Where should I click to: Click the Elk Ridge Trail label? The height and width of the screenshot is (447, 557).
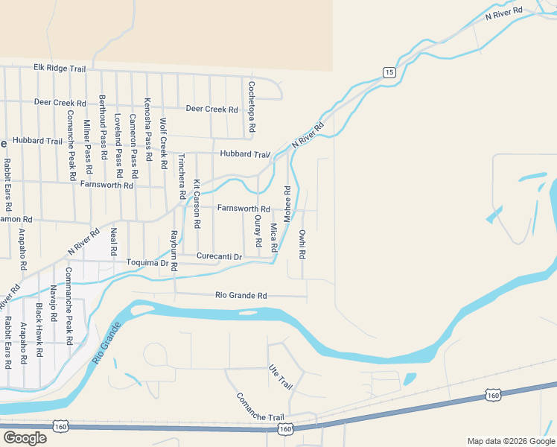(x=60, y=68)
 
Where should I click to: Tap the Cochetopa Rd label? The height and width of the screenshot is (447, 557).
(x=252, y=107)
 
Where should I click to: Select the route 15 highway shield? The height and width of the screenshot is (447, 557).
(x=389, y=72)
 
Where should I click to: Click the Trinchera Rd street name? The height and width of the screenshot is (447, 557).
(x=181, y=176)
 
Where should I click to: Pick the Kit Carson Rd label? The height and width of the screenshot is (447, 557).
(x=197, y=203)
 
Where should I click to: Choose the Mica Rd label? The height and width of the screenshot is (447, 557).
(x=273, y=238)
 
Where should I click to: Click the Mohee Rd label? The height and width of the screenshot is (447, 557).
(x=287, y=198)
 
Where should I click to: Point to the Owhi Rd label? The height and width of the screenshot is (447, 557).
(x=302, y=244)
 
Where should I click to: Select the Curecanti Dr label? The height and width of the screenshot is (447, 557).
(x=220, y=256)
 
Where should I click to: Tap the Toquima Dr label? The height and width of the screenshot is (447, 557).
(x=148, y=263)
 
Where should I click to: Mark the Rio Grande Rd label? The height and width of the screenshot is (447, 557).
(x=241, y=296)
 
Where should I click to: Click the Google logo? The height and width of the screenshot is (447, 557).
(x=25, y=437)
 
